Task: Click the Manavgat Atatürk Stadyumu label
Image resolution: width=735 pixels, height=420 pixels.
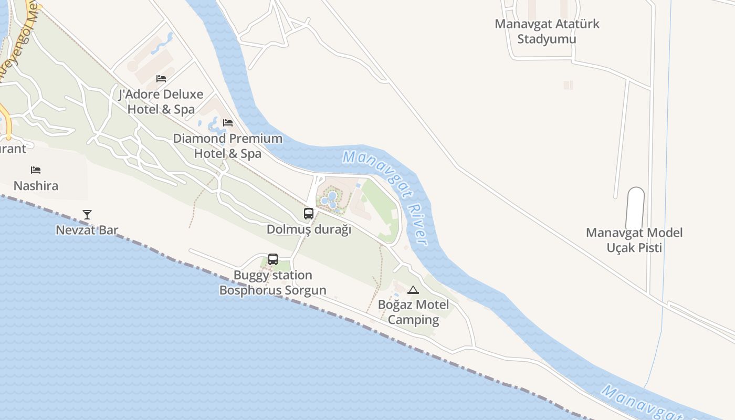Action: click(x=547, y=31)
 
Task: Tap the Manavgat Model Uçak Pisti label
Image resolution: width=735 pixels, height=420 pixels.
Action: click(x=634, y=240)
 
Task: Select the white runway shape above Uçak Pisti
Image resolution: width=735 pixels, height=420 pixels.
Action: click(x=635, y=208)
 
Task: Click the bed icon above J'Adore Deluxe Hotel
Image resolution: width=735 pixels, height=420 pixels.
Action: click(x=161, y=79)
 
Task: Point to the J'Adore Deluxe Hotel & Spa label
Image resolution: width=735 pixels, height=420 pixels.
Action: click(x=161, y=102)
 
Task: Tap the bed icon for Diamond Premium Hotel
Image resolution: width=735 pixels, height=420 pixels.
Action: click(x=228, y=123)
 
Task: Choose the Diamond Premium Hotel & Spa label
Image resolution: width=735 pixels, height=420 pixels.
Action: click(x=228, y=146)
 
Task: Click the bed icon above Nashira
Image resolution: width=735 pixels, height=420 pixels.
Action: click(x=36, y=170)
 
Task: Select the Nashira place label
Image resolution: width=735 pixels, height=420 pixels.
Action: click(x=36, y=186)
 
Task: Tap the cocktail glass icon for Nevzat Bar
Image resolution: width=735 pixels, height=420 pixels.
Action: click(x=87, y=214)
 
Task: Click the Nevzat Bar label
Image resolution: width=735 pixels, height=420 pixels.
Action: click(x=87, y=230)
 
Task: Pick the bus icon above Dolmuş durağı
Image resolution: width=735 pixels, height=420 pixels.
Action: click(x=309, y=214)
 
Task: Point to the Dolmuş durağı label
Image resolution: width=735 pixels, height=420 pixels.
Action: click(x=309, y=229)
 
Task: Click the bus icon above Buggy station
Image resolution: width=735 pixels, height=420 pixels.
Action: click(x=273, y=259)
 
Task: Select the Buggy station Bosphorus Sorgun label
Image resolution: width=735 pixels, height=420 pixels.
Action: click(x=273, y=282)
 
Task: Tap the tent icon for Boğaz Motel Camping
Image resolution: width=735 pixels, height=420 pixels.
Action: click(x=413, y=290)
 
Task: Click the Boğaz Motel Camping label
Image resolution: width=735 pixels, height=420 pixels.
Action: click(x=413, y=312)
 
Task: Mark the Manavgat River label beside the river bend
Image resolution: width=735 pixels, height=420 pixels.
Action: click(x=386, y=197)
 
